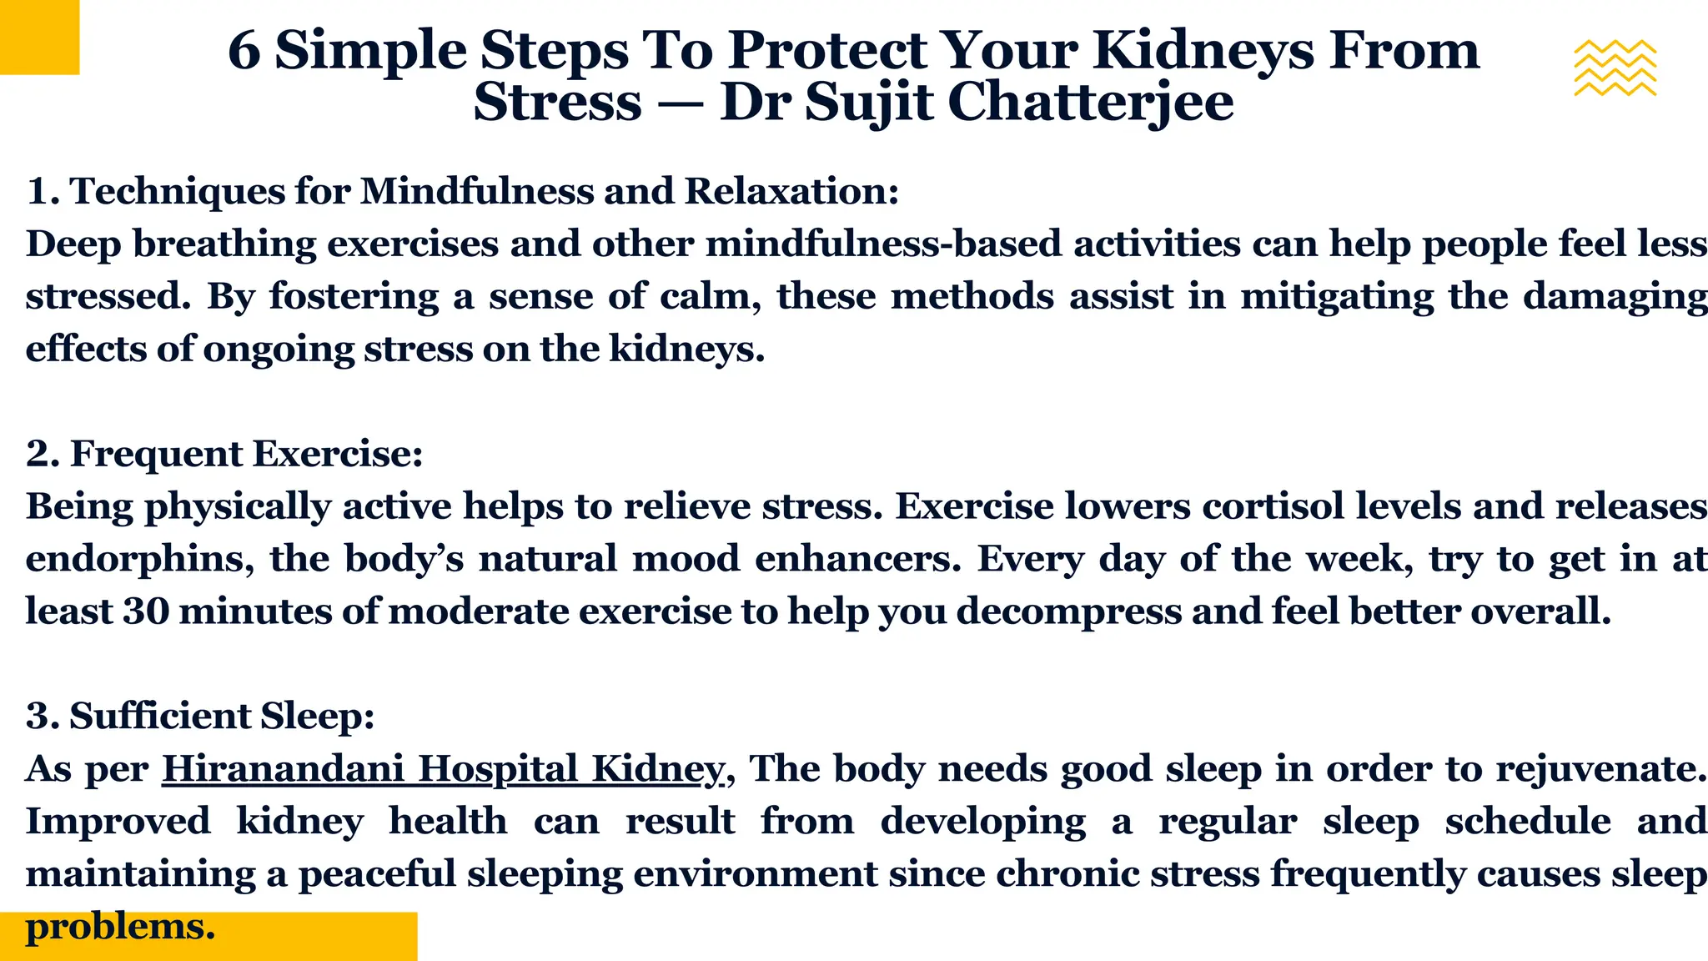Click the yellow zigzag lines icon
(1615, 68)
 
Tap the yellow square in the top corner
(39, 37)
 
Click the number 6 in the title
(244, 50)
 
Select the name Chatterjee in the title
(1090, 103)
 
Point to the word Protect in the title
(827, 50)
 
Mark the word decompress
(1068, 611)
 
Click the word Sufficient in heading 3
(159, 716)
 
